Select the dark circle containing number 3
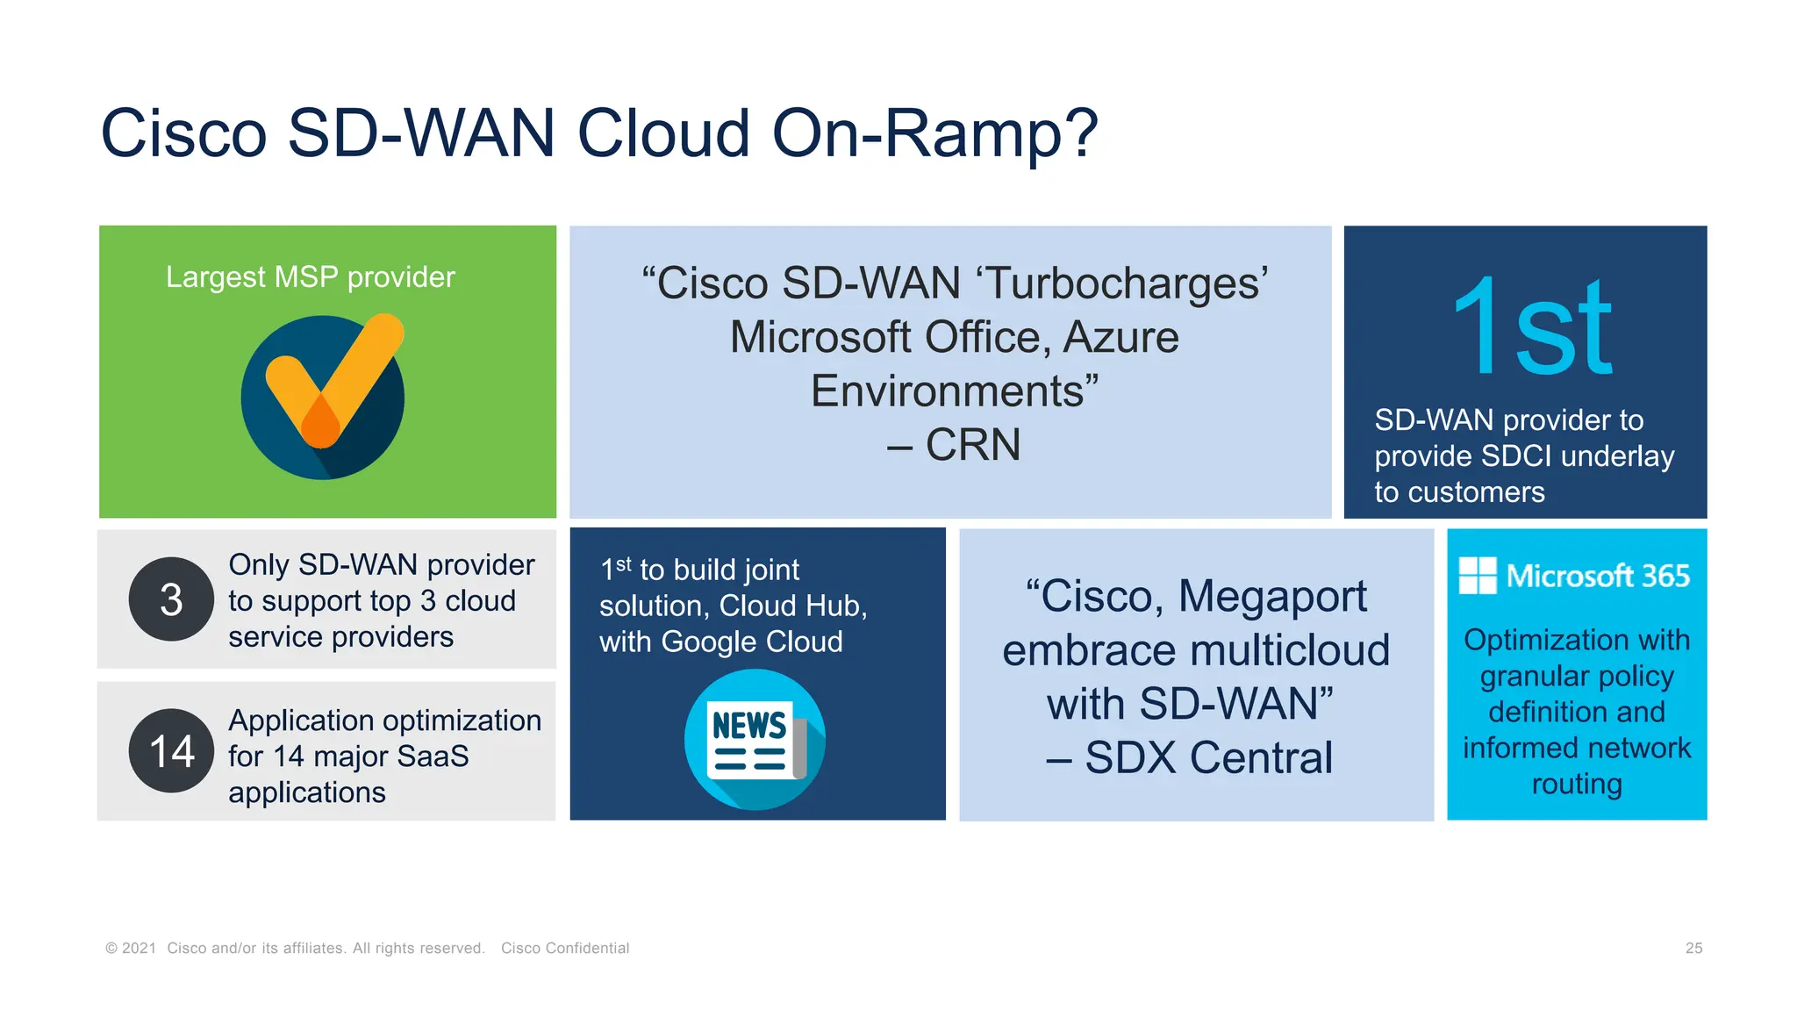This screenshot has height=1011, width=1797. point(171,599)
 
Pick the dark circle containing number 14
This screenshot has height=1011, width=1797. point(171,751)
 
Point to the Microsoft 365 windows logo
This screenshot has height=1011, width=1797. point(1478,576)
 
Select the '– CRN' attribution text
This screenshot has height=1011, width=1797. point(954,444)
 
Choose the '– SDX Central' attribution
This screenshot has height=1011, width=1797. point(1190,757)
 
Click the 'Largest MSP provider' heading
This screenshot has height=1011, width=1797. point(311,277)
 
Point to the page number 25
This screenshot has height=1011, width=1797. point(1693,948)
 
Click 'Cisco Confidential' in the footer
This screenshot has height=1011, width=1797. point(565,948)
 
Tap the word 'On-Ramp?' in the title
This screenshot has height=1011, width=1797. point(934,133)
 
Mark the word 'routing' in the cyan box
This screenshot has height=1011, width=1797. point(1577,784)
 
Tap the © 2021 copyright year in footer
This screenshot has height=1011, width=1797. point(131,948)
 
